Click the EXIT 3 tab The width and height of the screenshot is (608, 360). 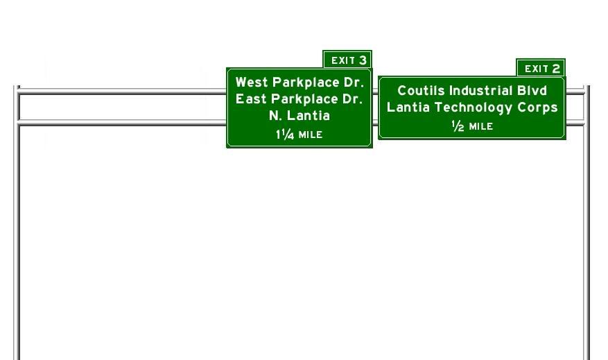(x=347, y=60)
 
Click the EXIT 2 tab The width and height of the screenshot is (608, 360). (x=541, y=68)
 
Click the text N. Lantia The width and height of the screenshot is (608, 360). (x=299, y=116)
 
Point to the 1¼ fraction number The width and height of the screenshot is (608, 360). (x=285, y=135)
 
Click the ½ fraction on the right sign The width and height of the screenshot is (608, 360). (x=458, y=126)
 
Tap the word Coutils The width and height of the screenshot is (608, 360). (x=421, y=90)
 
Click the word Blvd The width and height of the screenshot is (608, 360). (x=532, y=90)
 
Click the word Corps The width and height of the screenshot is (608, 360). (x=538, y=108)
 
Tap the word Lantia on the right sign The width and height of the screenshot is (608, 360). (x=408, y=107)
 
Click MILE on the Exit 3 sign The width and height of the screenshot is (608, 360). (x=311, y=135)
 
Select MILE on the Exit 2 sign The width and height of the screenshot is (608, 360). (x=481, y=126)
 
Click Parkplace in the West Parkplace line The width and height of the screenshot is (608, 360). (x=306, y=83)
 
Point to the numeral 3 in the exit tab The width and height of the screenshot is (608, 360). (x=363, y=60)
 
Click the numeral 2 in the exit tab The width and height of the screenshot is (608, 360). (x=556, y=69)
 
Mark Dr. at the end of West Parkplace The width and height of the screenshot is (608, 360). (x=354, y=83)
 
